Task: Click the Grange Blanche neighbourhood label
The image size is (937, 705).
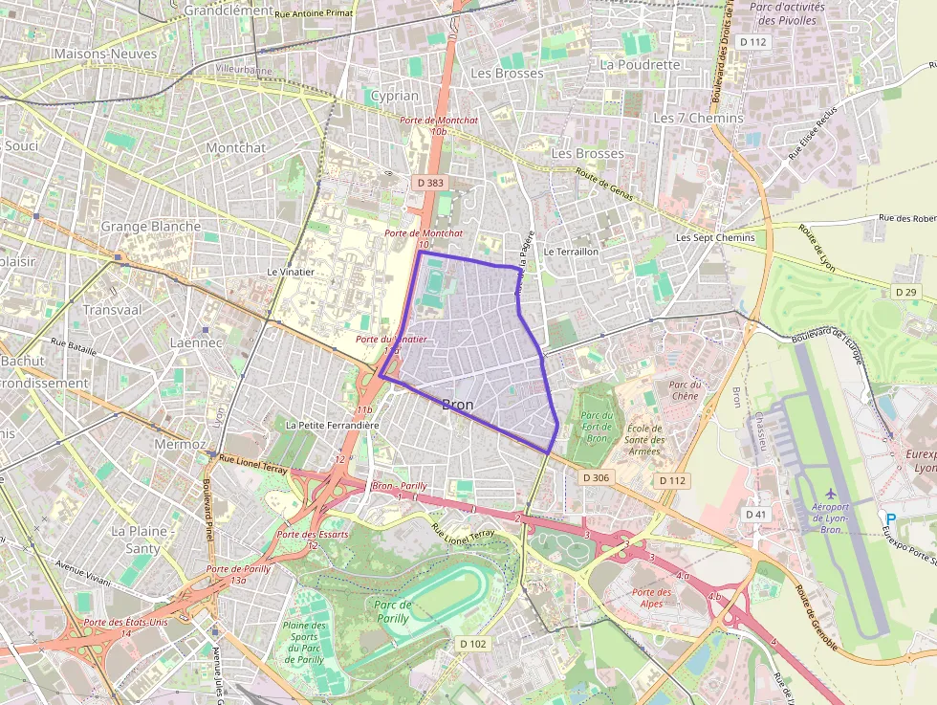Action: [151, 227]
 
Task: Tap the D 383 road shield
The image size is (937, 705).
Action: [430, 182]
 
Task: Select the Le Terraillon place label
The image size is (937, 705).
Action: [571, 251]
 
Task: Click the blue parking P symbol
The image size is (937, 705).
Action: [891, 518]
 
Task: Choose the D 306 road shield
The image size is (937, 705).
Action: [595, 477]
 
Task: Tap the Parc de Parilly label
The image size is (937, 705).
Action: [392, 611]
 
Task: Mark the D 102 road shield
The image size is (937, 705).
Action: [472, 644]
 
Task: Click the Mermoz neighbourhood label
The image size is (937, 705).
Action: [180, 445]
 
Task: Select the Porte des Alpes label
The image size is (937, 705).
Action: [652, 598]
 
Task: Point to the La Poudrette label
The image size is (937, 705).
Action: [640, 65]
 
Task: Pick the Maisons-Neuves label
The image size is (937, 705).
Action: [105, 55]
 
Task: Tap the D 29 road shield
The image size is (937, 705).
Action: [906, 291]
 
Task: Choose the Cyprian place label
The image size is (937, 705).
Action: [394, 96]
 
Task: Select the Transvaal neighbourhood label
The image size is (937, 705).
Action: [112, 310]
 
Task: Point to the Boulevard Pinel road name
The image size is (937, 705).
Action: [207, 507]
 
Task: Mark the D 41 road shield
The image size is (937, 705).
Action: [756, 515]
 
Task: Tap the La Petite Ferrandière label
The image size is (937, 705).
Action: [333, 425]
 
